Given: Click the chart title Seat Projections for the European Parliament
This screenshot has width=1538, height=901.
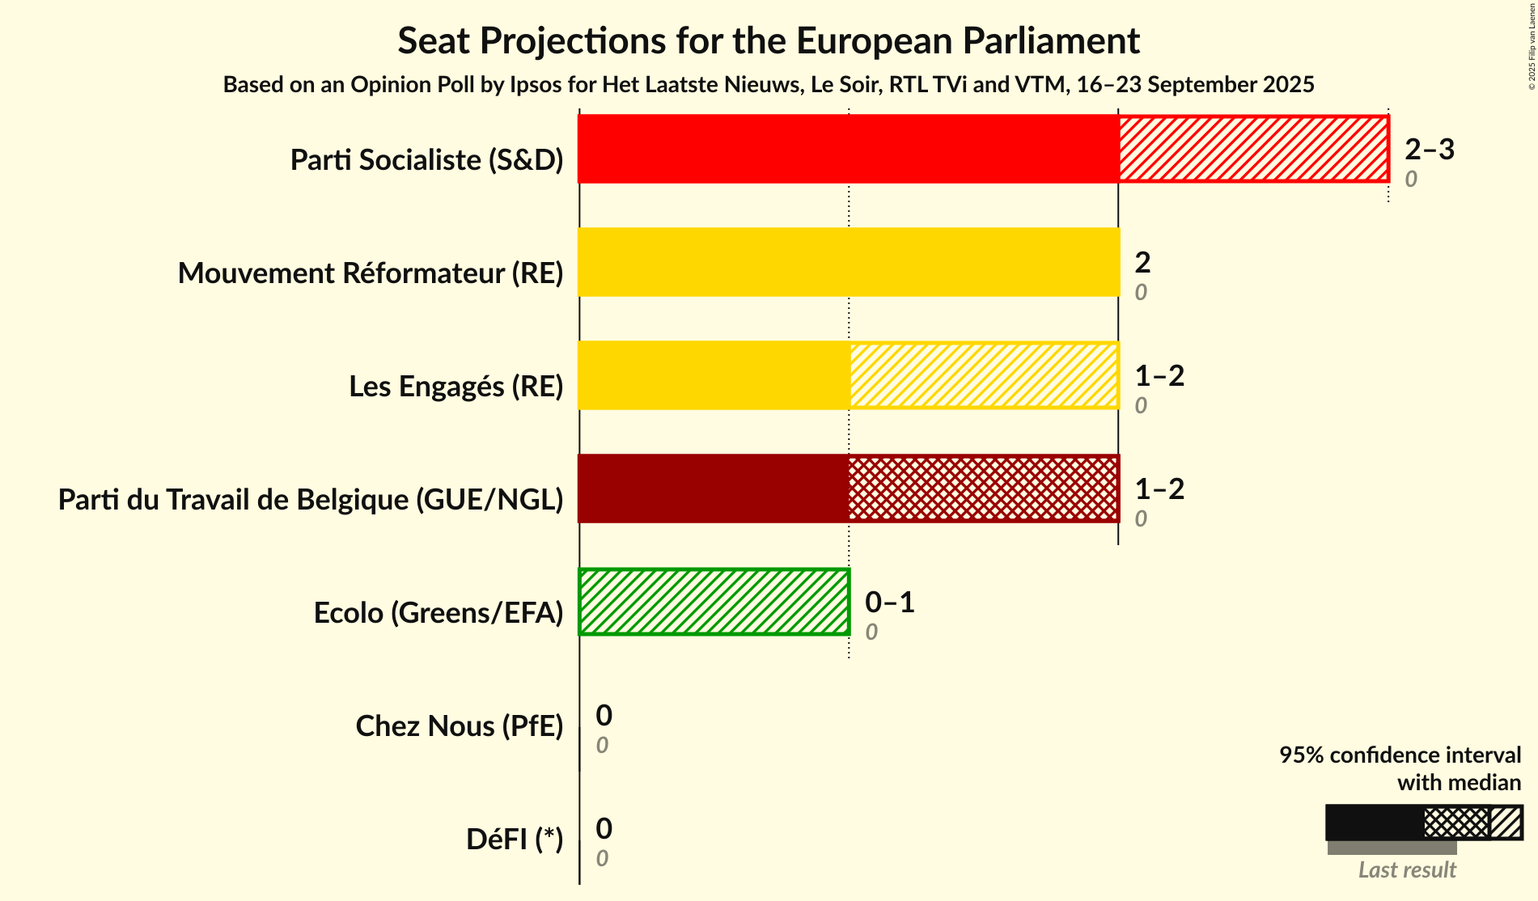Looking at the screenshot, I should click(x=768, y=41).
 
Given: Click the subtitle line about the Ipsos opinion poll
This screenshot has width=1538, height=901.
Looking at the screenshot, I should click(x=768, y=84).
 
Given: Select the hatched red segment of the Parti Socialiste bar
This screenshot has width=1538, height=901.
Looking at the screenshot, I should click(x=1253, y=149).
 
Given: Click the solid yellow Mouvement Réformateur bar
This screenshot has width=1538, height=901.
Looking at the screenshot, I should click(x=849, y=262).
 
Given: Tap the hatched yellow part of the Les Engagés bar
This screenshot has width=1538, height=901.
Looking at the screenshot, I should click(x=984, y=375).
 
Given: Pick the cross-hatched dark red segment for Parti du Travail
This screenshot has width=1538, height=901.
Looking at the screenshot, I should click(x=984, y=489).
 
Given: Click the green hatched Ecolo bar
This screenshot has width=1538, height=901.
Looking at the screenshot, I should click(x=714, y=602).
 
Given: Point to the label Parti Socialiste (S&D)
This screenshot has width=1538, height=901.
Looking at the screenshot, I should click(x=426, y=160).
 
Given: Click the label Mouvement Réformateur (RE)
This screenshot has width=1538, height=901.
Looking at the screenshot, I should click(x=371, y=273).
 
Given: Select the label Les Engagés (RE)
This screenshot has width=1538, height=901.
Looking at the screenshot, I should click(x=455, y=387).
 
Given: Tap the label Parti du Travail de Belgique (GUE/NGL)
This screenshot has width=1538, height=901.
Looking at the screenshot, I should click(x=311, y=500).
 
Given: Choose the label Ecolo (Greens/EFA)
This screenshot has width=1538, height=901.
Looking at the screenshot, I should click(x=438, y=613).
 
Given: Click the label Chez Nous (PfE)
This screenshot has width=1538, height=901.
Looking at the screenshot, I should click(x=459, y=726).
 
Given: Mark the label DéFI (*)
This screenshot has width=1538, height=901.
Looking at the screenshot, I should click(x=514, y=840).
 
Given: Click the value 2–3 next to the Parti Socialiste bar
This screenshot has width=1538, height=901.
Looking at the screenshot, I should click(x=1429, y=149).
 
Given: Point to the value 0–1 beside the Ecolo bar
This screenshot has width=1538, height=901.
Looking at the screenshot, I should click(x=889, y=602).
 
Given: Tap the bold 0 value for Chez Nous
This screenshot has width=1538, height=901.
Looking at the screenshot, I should click(x=604, y=715).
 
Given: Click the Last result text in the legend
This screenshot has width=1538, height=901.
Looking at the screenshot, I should click(x=1406, y=869).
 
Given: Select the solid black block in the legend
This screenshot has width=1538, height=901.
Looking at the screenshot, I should click(x=1374, y=823).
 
